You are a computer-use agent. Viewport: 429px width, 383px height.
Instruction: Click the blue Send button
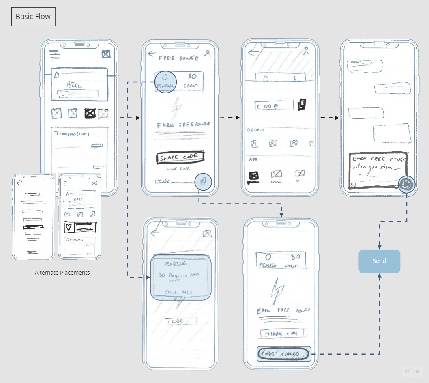point(379,261)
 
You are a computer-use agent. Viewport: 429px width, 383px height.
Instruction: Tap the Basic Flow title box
point(33,17)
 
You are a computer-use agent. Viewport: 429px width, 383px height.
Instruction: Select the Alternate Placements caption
point(62,273)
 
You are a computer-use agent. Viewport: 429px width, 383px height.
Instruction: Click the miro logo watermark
point(413,371)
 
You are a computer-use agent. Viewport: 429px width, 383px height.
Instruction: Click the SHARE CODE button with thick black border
point(180,157)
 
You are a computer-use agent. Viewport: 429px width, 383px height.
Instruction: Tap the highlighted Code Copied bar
point(284,354)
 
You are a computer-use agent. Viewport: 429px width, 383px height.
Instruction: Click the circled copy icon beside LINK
point(203,181)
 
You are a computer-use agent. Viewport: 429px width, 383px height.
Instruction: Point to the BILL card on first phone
point(79,84)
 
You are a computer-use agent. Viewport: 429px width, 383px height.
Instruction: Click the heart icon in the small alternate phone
point(69,228)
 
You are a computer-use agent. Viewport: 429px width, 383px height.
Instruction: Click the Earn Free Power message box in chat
point(378,170)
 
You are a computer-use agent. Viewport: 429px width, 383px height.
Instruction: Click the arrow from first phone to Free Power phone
point(129,118)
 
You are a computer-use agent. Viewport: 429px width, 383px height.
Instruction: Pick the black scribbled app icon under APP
point(253,176)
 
